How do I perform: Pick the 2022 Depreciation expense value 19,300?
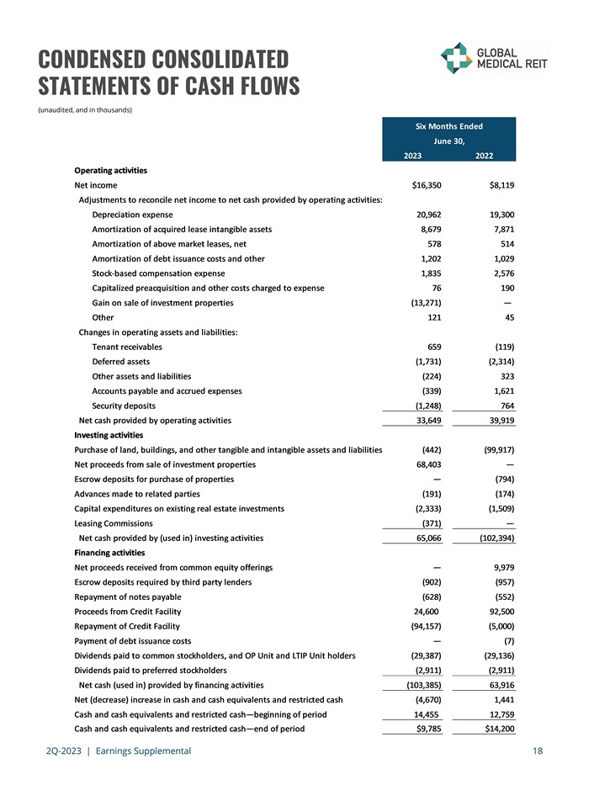[498, 215]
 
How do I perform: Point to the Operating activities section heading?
[110, 171]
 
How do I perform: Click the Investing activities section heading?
[109, 435]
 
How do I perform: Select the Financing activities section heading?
[109, 553]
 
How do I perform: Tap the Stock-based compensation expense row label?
[158, 273]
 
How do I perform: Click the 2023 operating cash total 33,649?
[426, 420]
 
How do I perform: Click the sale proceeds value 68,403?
[426, 464]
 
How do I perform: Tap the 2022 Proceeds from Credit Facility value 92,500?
[498, 612]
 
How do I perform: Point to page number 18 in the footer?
[537, 751]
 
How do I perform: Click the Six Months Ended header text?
[448, 126]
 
